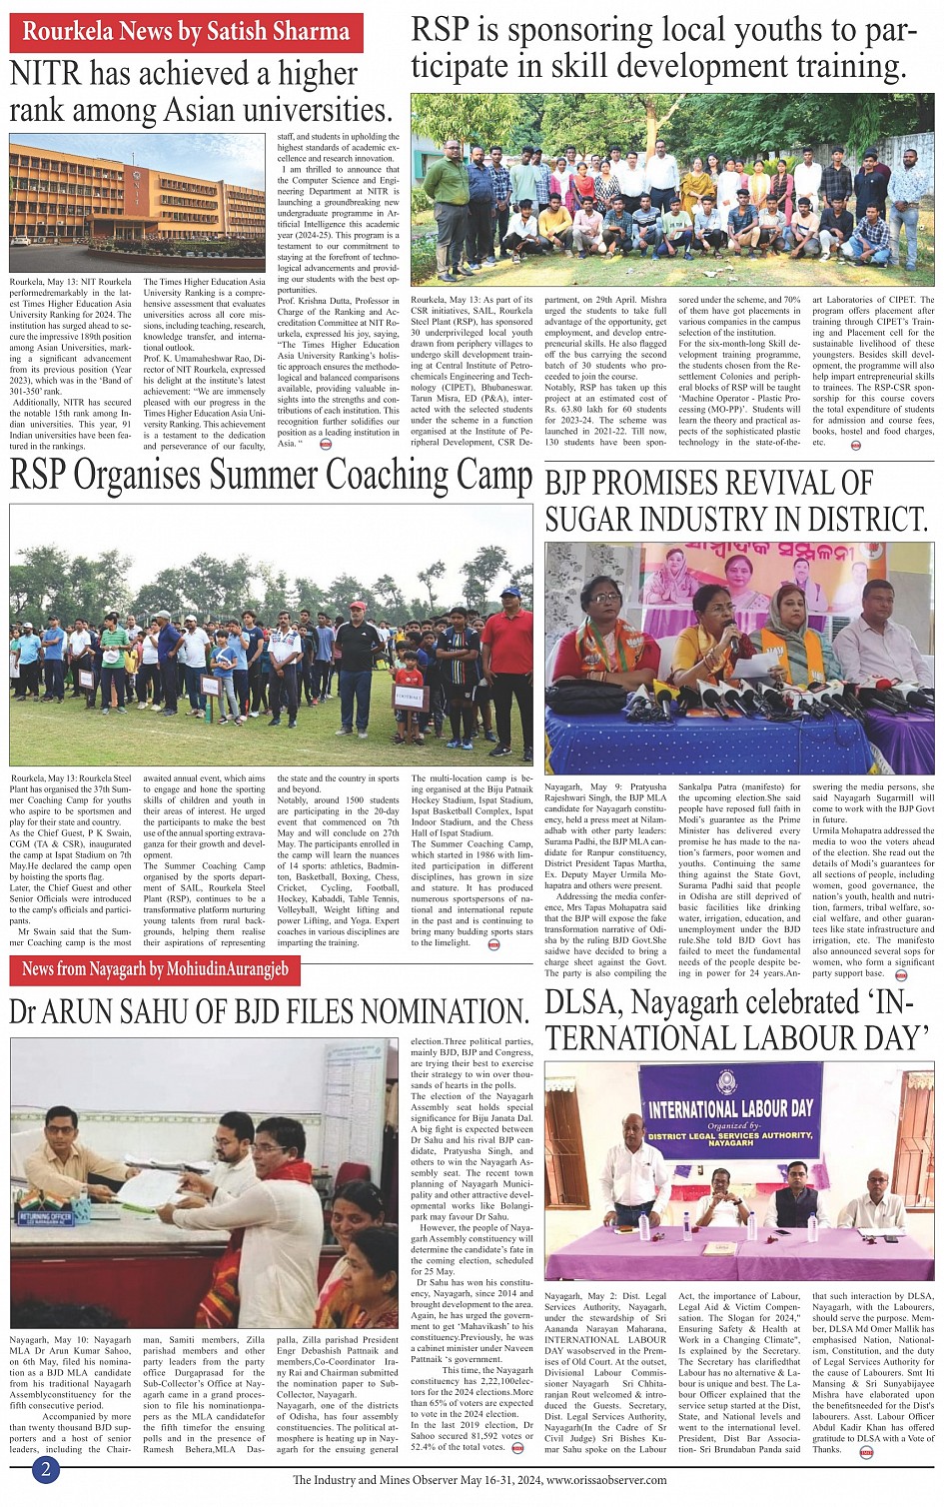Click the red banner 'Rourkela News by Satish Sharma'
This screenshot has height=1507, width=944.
185,32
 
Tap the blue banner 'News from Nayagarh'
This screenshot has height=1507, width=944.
155,968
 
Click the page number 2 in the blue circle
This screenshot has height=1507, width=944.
46,1470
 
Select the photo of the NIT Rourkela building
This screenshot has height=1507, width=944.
137,207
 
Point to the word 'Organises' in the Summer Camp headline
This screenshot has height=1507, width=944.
166,475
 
